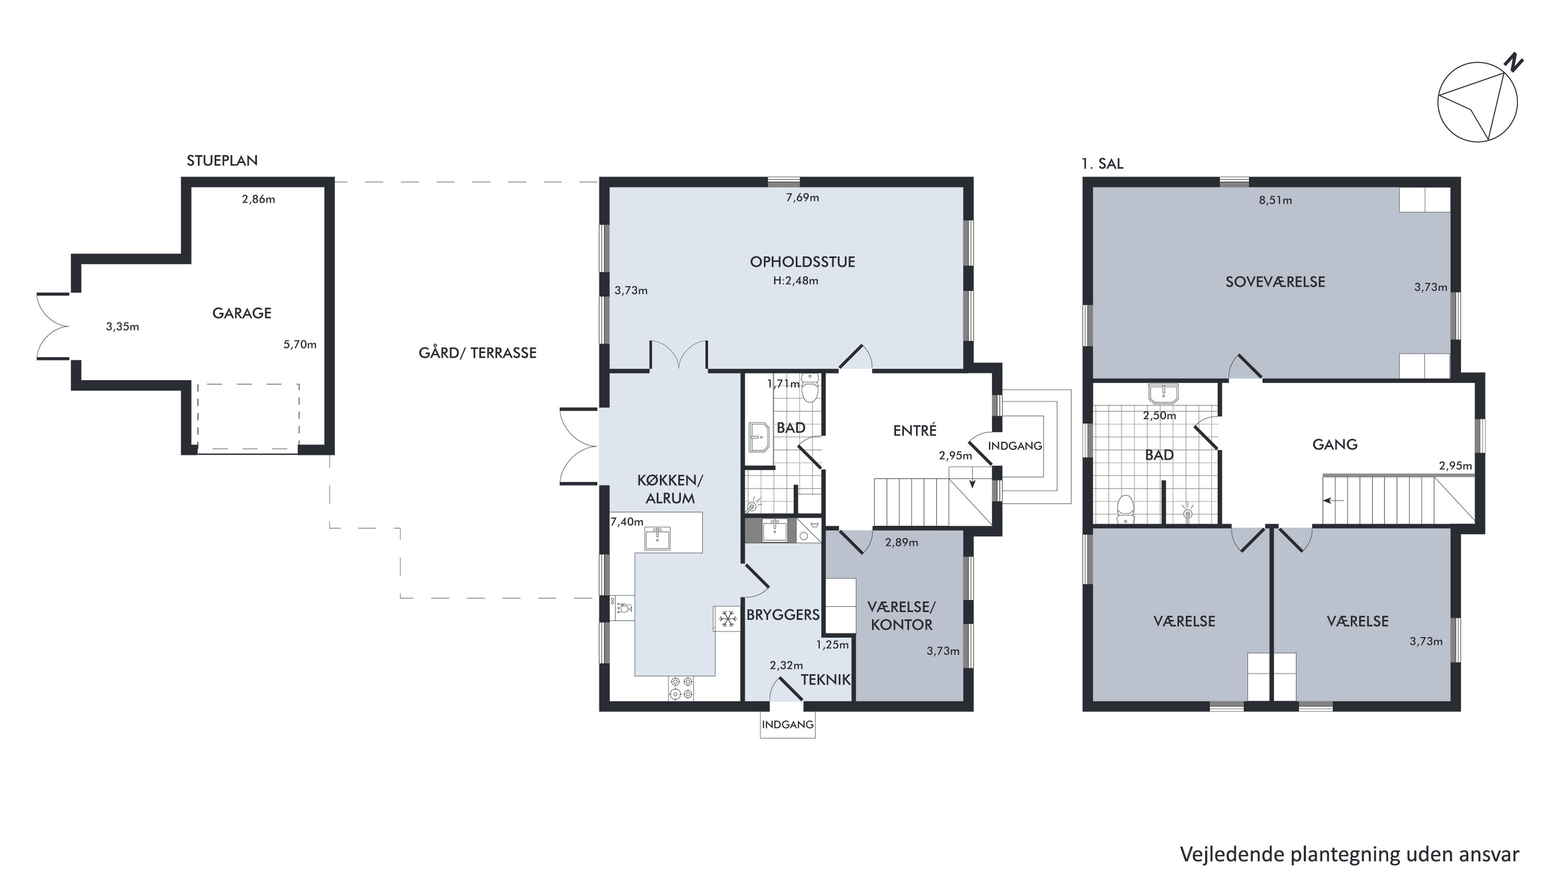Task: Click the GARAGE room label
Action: pyautogui.click(x=241, y=314)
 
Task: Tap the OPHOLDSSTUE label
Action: pyautogui.click(x=803, y=262)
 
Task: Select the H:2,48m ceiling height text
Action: pyautogui.click(x=796, y=281)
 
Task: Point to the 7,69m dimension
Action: pyautogui.click(x=803, y=198)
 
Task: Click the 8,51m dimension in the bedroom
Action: pyautogui.click(x=1275, y=200)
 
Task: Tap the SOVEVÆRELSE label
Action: pyautogui.click(x=1275, y=282)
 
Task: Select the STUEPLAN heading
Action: pyautogui.click(x=222, y=160)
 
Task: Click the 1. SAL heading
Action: pyautogui.click(x=1102, y=164)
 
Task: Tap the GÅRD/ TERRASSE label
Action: pyautogui.click(x=478, y=353)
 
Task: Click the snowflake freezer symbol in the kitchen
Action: pyautogui.click(x=727, y=619)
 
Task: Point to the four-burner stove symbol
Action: pyautogui.click(x=681, y=688)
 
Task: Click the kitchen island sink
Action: pyautogui.click(x=658, y=538)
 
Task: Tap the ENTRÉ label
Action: pyautogui.click(x=914, y=431)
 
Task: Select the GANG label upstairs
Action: pyautogui.click(x=1334, y=445)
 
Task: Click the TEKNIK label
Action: pyautogui.click(x=825, y=680)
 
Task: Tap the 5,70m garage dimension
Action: pyautogui.click(x=300, y=345)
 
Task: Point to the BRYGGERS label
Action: pyautogui.click(x=783, y=615)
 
